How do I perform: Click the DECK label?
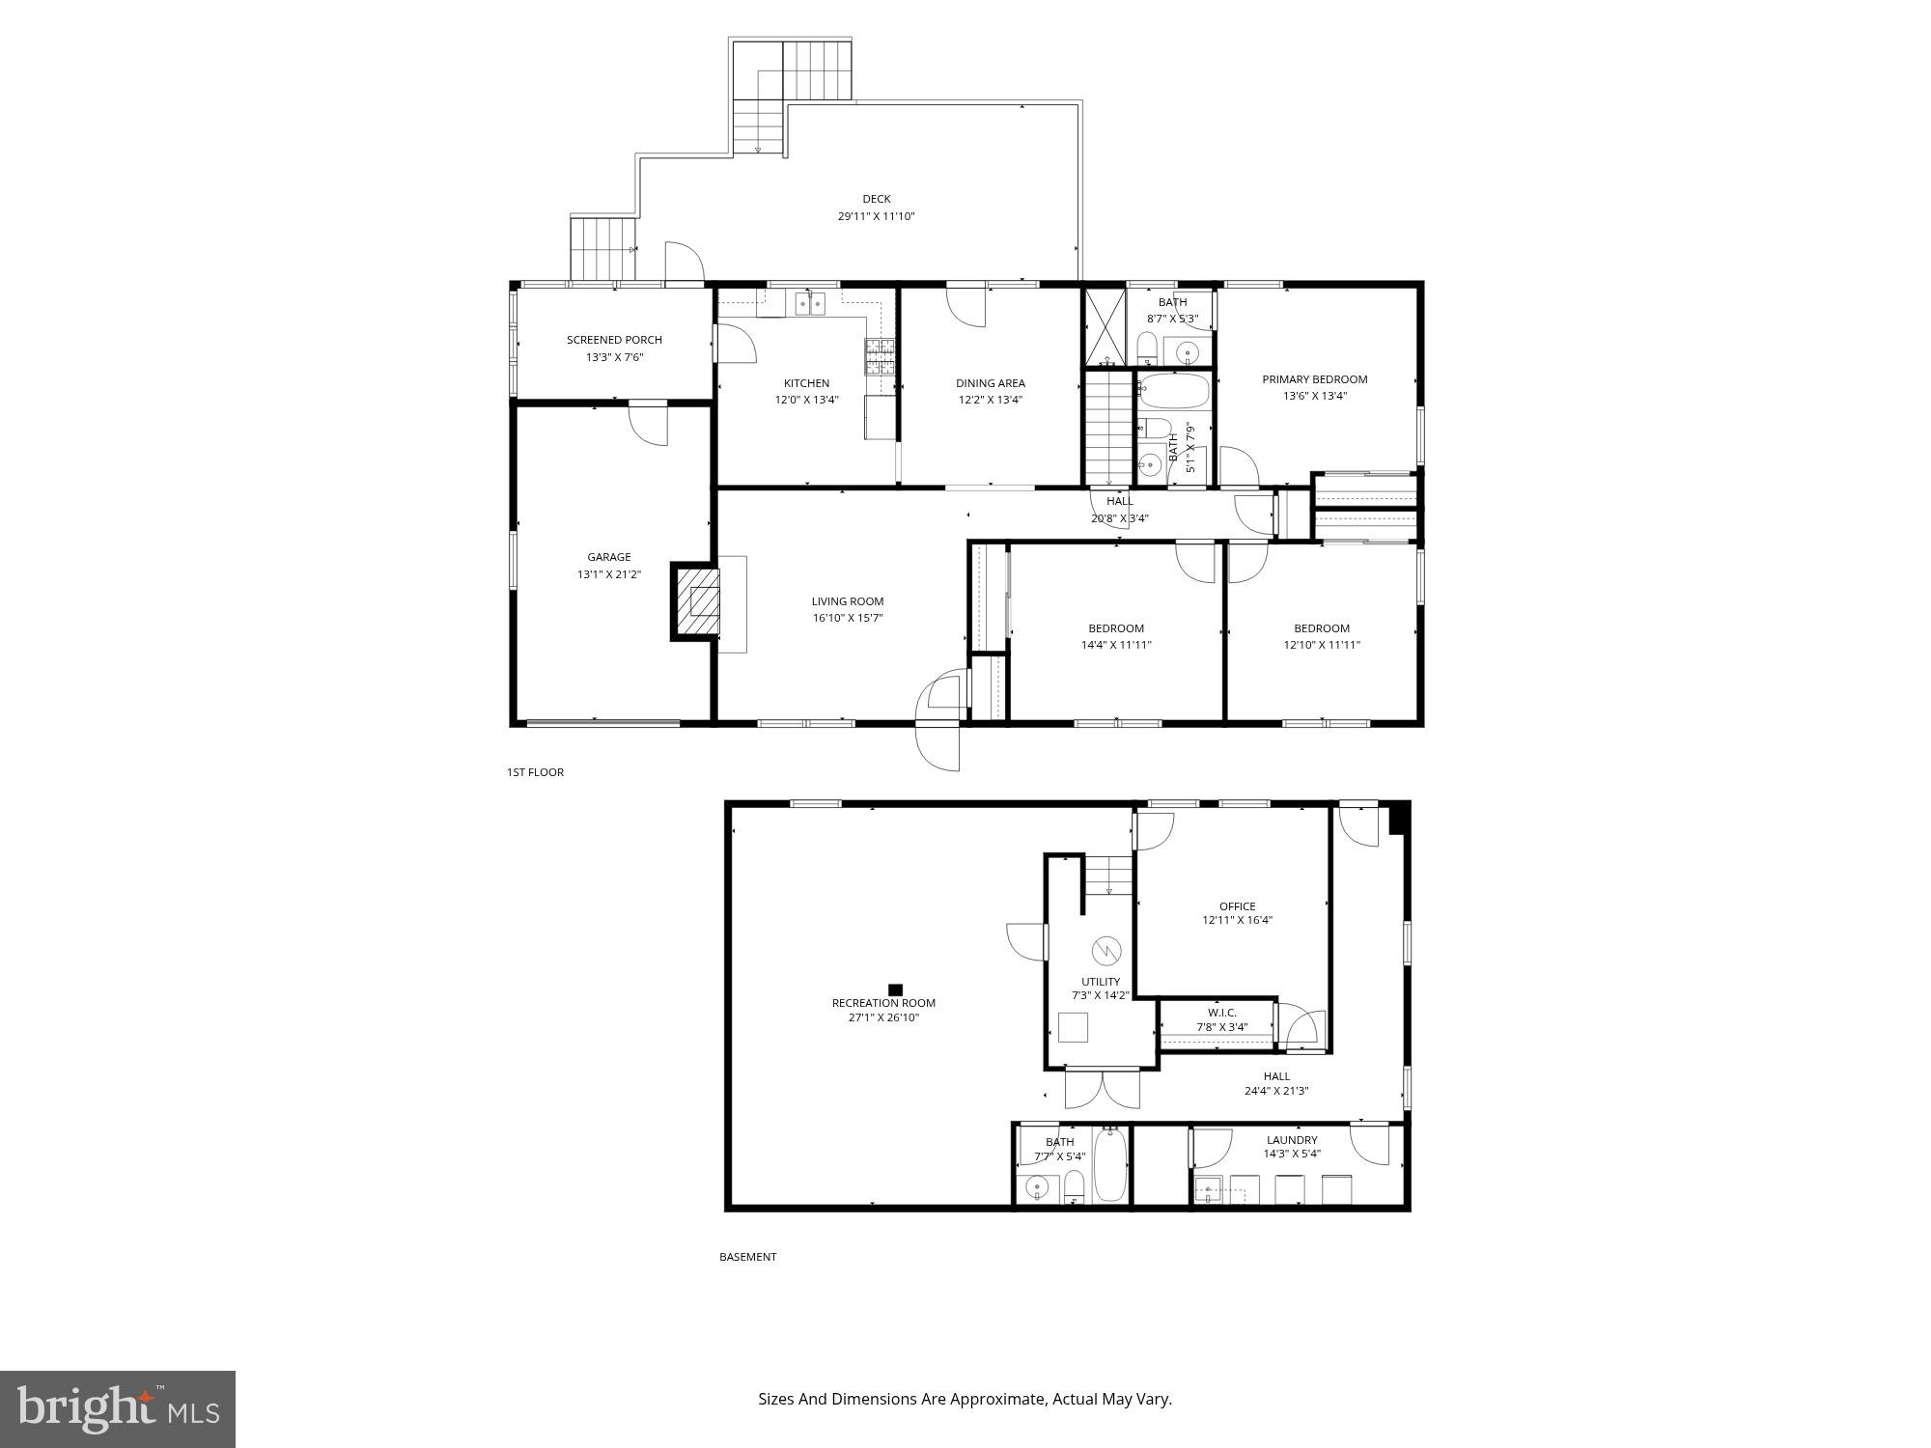(876, 199)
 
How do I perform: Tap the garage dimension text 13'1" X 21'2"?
(608, 574)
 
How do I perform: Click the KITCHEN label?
(806, 383)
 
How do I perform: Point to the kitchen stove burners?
(880, 357)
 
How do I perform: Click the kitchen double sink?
(810, 304)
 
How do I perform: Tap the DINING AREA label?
(990, 383)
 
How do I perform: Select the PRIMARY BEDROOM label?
(1314, 379)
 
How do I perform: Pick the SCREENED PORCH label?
(614, 340)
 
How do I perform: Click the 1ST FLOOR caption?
(535, 772)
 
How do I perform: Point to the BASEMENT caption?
(747, 1257)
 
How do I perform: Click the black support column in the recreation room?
(895, 989)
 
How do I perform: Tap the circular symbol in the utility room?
(1104, 951)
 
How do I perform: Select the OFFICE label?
(1237, 906)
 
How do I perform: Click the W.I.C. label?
(1221, 1013)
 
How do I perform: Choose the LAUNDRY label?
(1291, 1140)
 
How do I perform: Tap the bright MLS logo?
(118, 1408)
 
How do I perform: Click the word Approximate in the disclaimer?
(998, 1399)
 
